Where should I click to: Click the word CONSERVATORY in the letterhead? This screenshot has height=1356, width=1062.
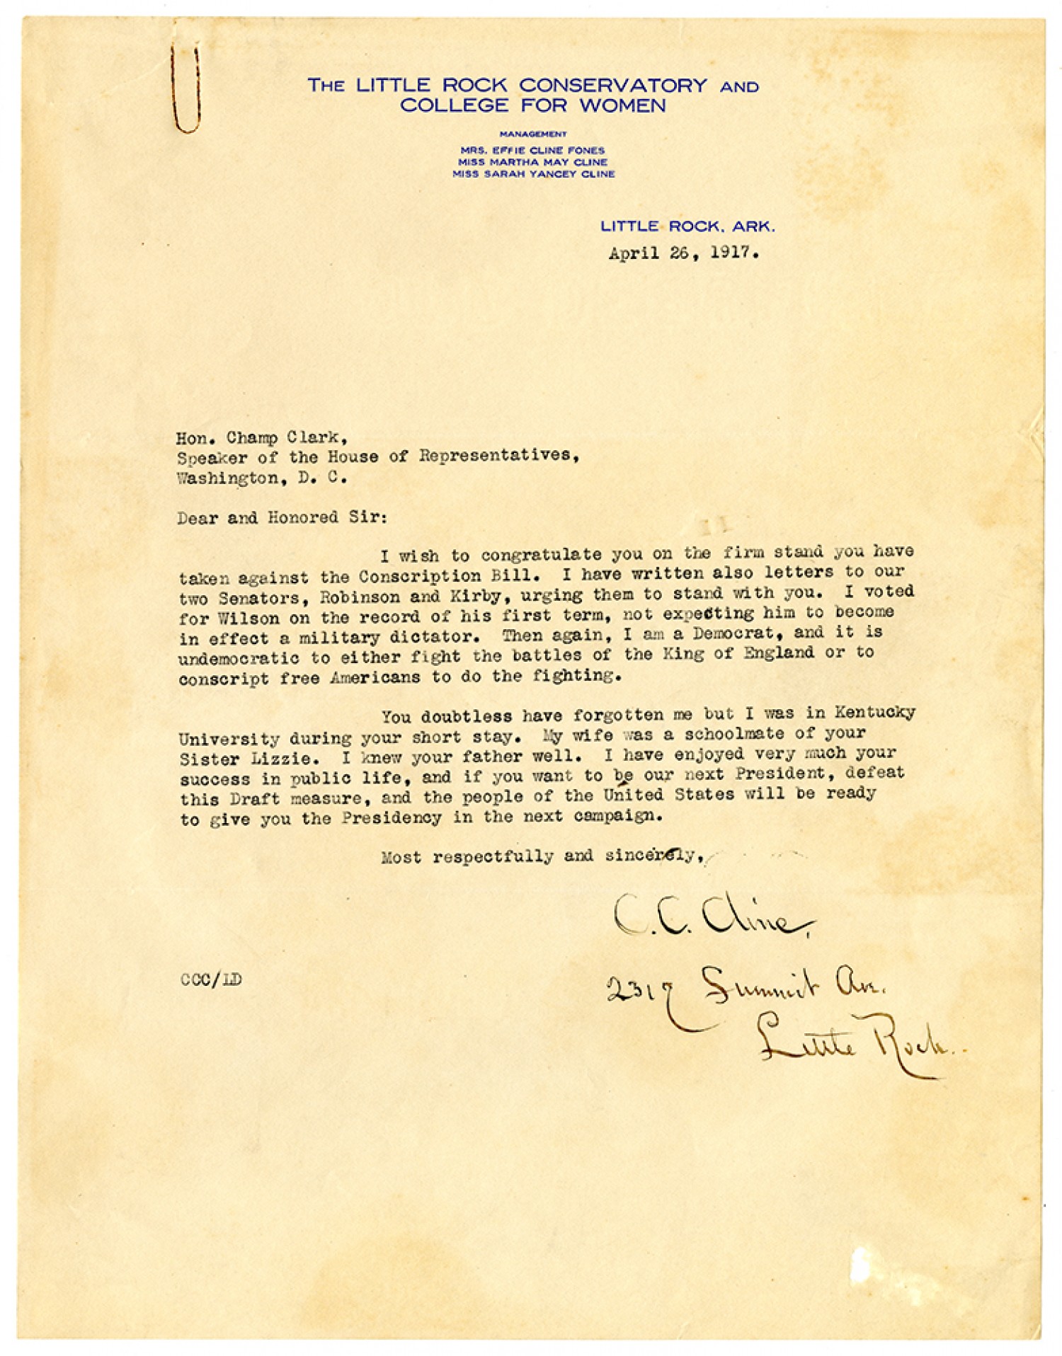(x=613, y=86)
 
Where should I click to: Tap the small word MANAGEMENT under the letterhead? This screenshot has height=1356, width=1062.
(x=533, y=134)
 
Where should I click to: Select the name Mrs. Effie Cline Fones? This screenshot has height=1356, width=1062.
(x=532, y=150)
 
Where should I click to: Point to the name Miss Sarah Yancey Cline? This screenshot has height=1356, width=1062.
(x=533, y=173)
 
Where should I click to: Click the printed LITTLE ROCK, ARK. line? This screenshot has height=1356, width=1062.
(x=687, y=227)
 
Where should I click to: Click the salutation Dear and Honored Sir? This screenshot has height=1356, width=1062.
(x=282, y=517)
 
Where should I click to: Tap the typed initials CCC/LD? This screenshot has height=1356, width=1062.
(x=210, y=979)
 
